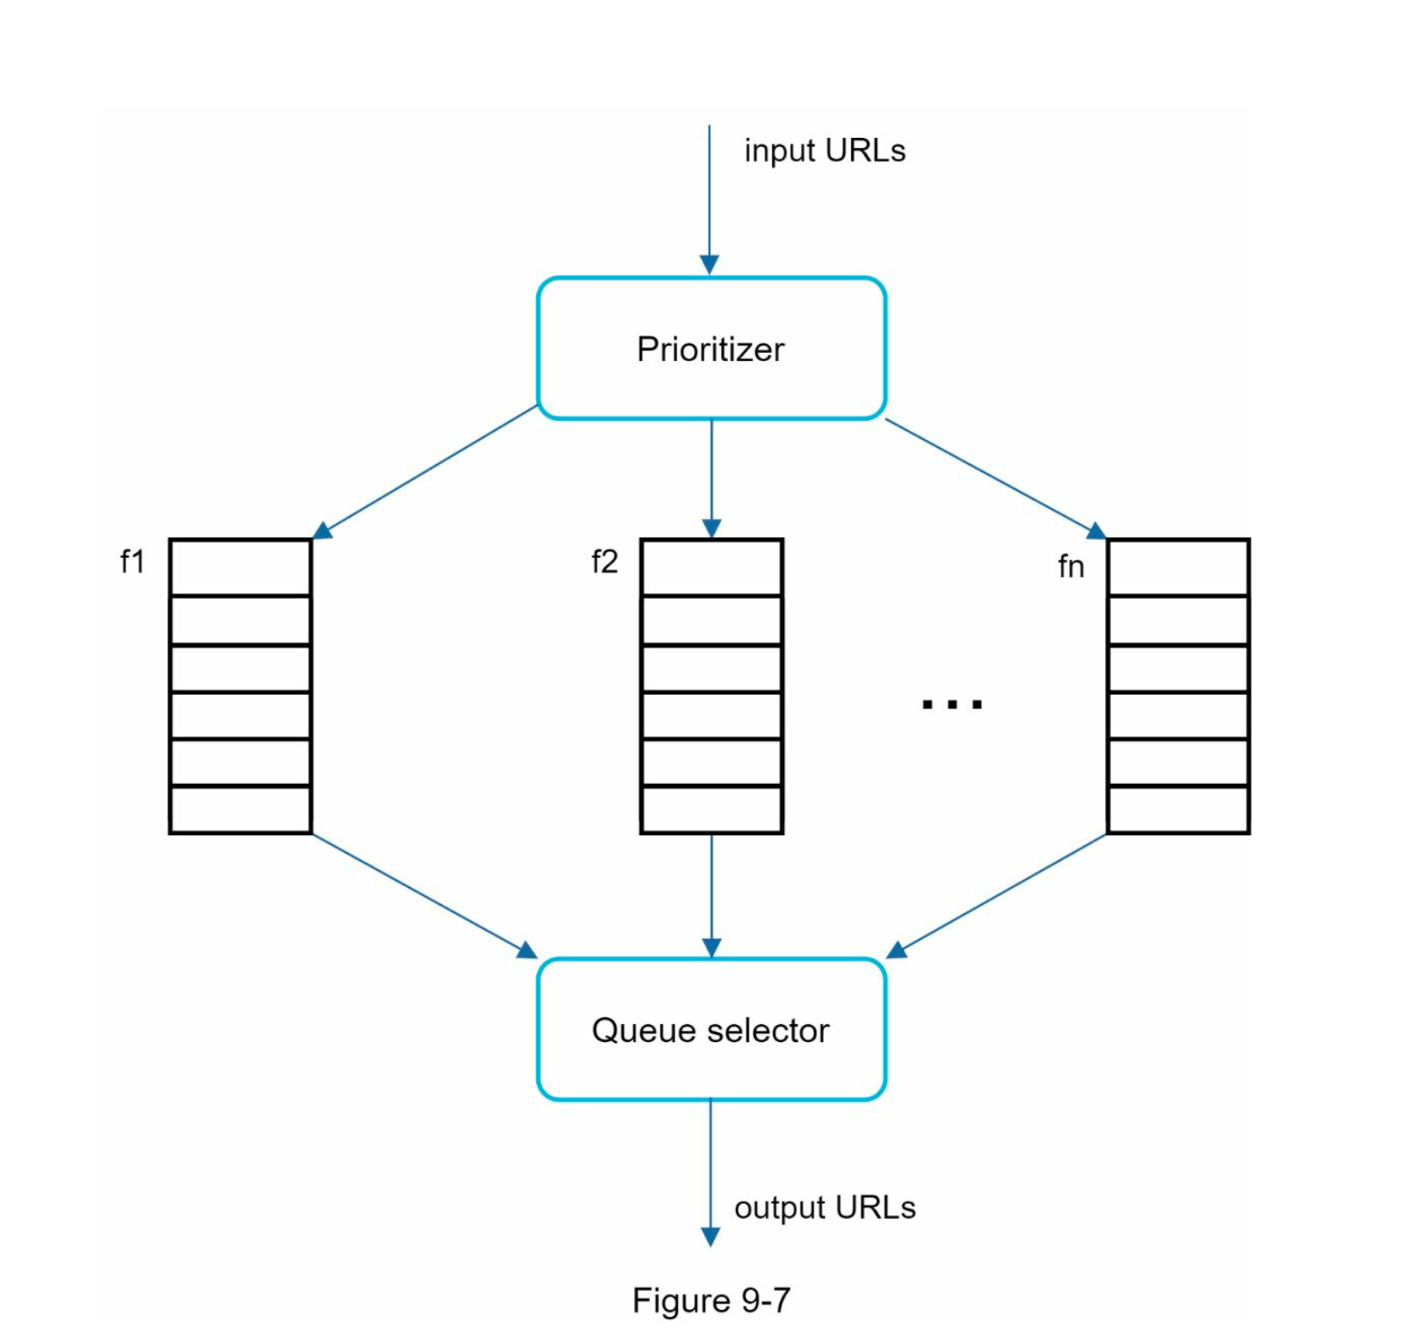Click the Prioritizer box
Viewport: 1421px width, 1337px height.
(x=710, y=348)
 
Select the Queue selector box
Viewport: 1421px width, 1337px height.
(x=710, y=1030)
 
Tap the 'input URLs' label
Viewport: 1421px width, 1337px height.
(x=824, y=151)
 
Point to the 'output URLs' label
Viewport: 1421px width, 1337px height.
(x=824, y=1207)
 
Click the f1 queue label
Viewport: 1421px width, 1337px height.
(x=132, y=562)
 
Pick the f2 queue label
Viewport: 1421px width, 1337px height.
(x=604, y=562)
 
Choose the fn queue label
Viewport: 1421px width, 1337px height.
(x=1071, y=567)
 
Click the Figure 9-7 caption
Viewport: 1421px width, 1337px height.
(x=710, y=1300)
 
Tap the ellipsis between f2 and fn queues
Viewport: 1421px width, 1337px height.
(x=951, y=704)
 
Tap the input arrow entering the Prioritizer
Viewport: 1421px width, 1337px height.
(x=710, y=200)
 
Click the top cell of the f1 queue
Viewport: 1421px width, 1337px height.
(x=240, y=568)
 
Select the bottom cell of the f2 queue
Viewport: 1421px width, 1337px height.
(x=711, y=809)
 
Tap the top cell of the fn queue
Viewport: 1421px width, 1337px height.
(x=1178, y=568)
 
